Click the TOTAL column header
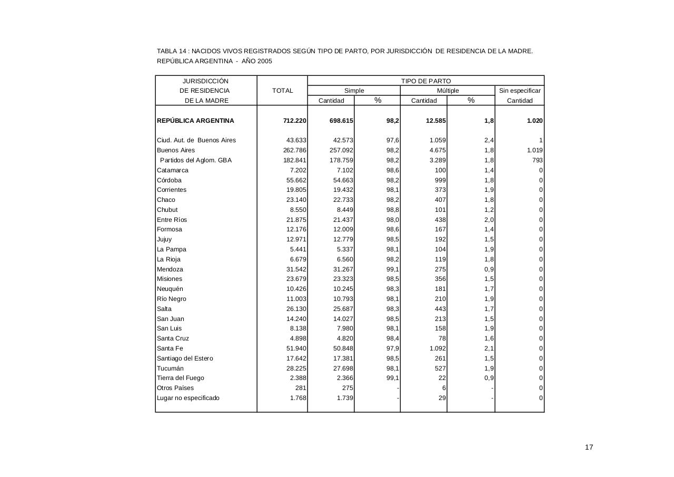coord(282,91)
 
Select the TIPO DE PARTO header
coord(426,81)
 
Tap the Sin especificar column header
coord(519,91)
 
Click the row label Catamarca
coord(172,170)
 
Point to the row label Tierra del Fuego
coord(180,378)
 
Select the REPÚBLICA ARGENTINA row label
coord(195,121)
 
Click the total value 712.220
coord(294,121)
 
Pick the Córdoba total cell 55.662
coord(296,180)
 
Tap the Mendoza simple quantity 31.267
coord(343,269)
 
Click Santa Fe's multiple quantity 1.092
coord(435,348)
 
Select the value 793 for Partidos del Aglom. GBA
coord(536,160)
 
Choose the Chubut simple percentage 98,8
coord(392,210)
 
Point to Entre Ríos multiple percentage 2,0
coord(489,220)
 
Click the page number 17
coord(589,447)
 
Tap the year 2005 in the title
coord(264,61)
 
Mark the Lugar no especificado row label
coord(188,398)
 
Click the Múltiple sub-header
coord(448,91)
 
